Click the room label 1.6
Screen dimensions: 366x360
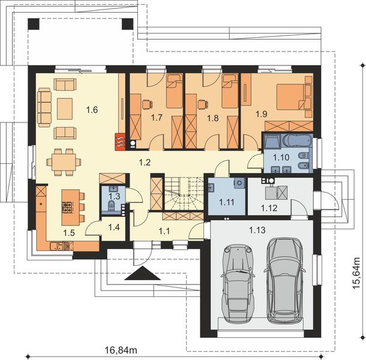click(92, 109)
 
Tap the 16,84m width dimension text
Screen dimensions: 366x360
click(121, 350)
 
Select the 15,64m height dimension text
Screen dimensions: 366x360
click(356, 273)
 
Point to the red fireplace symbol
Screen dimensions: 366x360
click(120, 142)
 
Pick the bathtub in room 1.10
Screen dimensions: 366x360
click(297, 140)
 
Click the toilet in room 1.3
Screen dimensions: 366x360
click(112, 205)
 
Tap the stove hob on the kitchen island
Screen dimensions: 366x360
click(68, 208)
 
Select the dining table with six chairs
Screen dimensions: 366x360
click(64, 162)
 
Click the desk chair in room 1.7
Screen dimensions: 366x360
click(147, 104)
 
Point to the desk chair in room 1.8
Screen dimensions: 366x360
click(203, 104)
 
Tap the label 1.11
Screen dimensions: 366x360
click(227, 202)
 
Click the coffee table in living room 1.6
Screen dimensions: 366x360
click(65, 109)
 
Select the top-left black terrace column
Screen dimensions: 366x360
click(34, 24)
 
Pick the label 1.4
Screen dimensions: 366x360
click(114, 227)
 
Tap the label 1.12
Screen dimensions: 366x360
click(269, 208)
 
